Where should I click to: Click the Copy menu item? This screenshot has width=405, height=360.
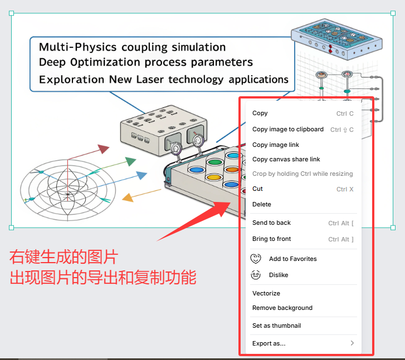tap(260, 114)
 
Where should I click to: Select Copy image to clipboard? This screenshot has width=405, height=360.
tap(287, 129)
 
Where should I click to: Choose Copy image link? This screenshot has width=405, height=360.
tap(275, 145)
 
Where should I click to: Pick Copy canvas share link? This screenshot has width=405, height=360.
tap(286, 159)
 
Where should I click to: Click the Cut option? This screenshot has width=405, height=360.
tap(257, 189)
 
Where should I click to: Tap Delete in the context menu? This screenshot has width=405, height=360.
tap(261, 204)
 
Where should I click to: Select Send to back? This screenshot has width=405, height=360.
tap(271, 223)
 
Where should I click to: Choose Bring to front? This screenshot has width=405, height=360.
tap(271, 239)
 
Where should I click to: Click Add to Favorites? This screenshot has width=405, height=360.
tap(292, 259)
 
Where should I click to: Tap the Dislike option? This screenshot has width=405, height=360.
tap(279, 275)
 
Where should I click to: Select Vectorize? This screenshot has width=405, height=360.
tap(266, 293)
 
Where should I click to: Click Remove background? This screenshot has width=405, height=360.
tap(282, 308)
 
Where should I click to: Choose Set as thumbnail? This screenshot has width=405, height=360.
tap(276, 326)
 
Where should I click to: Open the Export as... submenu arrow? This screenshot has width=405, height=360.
tap(352, 343)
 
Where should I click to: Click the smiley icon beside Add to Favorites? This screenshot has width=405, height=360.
tap(256, 259)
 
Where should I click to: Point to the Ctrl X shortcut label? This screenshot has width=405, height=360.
tap(345, 189)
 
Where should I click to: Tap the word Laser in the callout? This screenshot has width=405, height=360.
tap(153, 80)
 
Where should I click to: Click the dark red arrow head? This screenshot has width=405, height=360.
tap(103, 149)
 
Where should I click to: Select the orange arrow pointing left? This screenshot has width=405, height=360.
tap(128, 197)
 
